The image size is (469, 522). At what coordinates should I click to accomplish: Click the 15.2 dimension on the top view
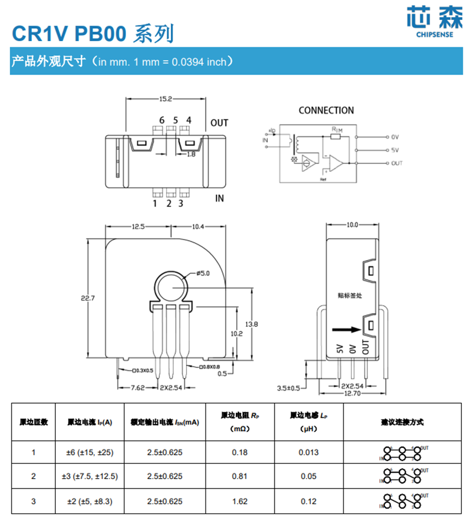click(x=165, y=99)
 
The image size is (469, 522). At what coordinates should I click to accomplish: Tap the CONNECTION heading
click(x=326, y=111)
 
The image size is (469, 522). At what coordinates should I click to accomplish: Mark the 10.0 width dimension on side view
click(x=352, y=224)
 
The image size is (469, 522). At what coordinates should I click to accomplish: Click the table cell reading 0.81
click(x=240, y=476)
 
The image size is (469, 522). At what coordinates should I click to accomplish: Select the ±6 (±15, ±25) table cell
click(x=89, y=452)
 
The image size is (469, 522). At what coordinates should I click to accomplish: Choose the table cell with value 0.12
click(x=309, y=501)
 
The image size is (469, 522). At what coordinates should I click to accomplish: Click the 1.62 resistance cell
click(x=240, y=501)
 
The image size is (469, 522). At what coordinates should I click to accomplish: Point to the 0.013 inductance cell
click(x=309, y=452)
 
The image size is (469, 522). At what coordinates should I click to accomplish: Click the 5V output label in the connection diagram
click(x=395, y=150)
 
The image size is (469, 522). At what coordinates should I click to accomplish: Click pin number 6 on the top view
click(x=162, y=120)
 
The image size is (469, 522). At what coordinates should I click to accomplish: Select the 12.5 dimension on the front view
click(x=138, y=227)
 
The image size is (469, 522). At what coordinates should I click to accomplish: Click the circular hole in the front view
click(x=172, y=286)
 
